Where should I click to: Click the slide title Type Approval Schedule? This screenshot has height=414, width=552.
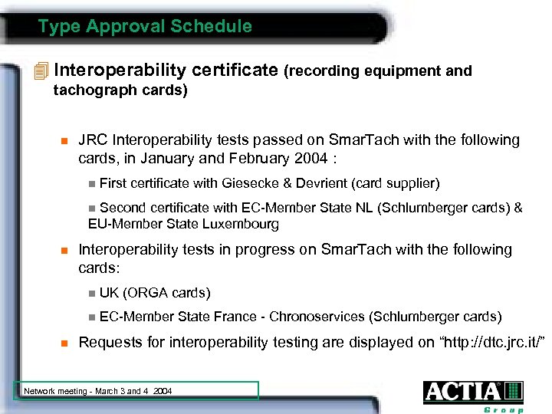[x=145, y=27]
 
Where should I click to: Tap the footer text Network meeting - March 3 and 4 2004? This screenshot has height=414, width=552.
[x=97, y=391]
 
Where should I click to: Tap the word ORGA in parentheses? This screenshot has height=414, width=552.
[x=150, y=293]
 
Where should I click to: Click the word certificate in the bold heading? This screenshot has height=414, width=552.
[x=232, y=71]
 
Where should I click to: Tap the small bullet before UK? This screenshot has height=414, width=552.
[x=92, y=293]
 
